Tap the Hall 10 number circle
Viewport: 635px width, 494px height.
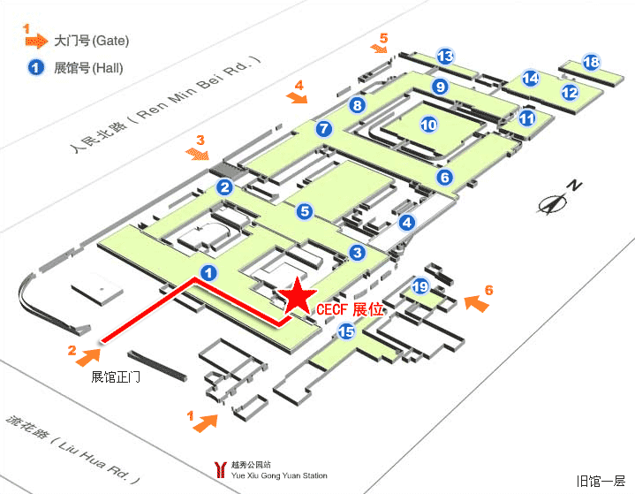(x=428, y=125)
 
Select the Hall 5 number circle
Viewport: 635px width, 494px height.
(x=305, y=211)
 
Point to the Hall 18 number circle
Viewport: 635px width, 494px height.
(x=592, y=62)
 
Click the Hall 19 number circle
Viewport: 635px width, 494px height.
(x=421, y=286)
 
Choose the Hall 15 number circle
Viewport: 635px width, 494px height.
(x=346, y=331)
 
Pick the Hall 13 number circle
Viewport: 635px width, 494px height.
(x=446, y=57)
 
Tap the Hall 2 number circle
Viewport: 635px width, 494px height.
(x=225, y=187)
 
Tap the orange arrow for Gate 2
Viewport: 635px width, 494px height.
(x=89, y=356)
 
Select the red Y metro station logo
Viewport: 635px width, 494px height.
(x=218, y=466)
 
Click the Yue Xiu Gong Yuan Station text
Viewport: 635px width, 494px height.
(x=278, y=475)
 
